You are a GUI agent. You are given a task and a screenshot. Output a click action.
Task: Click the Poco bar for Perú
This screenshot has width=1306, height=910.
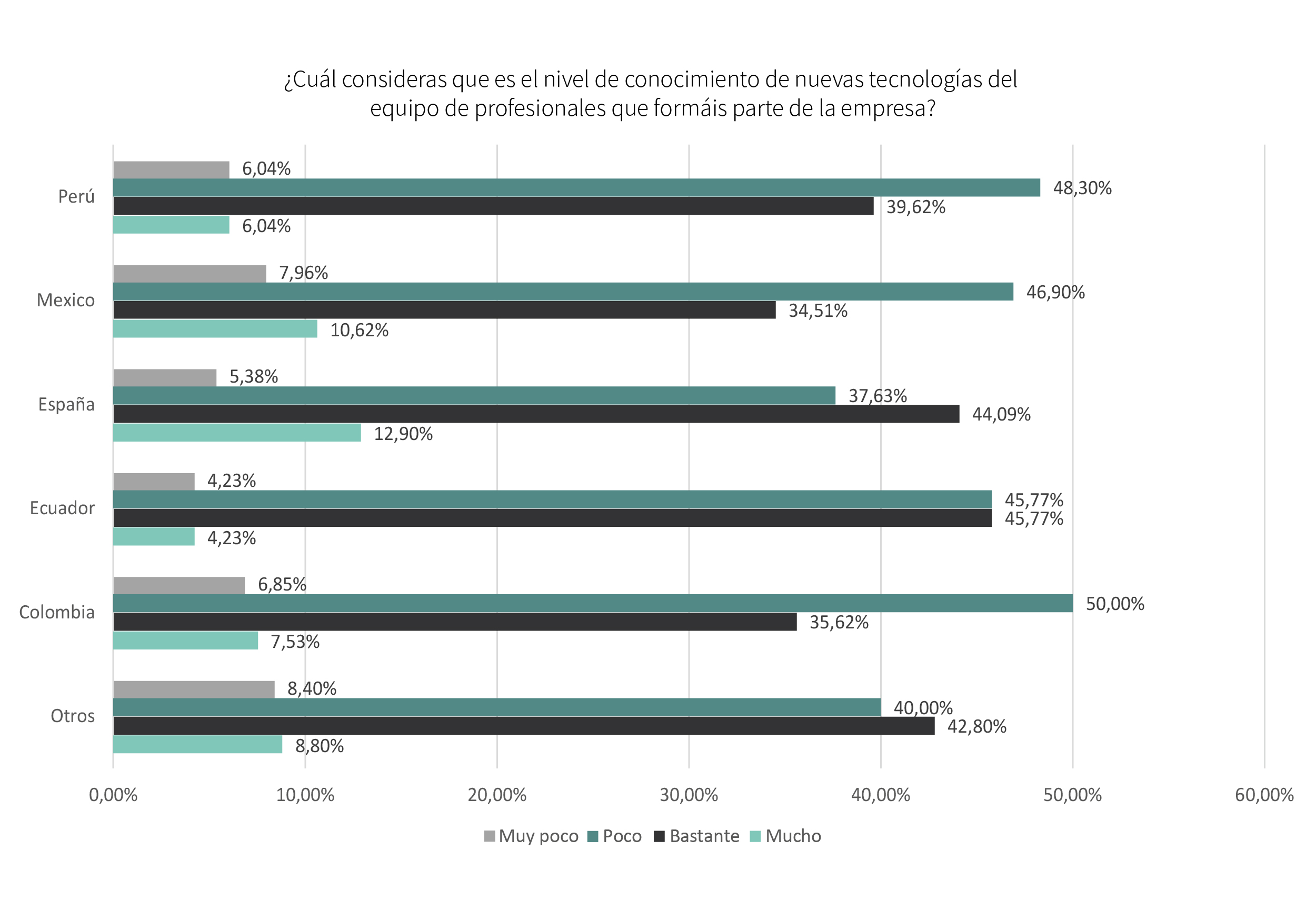(x=576, y=188)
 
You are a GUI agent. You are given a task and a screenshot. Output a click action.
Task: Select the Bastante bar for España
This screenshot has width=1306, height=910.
(x=536, y=414)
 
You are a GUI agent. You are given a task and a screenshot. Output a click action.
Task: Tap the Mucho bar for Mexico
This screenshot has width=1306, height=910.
(x=215, y=329)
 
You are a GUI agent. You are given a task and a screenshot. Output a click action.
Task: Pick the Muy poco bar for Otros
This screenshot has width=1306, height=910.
(x=193, y=689)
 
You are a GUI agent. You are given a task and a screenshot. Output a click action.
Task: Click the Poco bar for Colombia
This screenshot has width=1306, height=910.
(x=593, y=604)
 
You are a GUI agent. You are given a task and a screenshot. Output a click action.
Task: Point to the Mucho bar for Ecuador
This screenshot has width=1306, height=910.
(x=154, y=537)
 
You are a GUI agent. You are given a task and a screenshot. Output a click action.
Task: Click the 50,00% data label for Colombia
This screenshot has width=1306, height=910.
(x=1114, y=604)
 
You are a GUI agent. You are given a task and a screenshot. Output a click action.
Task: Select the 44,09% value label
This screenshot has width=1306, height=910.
(x=1001, y=415)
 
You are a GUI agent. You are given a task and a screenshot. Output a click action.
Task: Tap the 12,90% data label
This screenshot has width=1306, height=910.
(x=403, y=434)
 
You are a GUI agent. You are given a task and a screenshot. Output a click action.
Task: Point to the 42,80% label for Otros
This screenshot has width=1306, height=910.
(x=976, y=727)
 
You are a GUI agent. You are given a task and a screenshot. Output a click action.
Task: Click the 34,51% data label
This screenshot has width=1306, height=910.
(x=818, y=311)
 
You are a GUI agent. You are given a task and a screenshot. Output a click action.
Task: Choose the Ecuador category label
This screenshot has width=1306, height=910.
(x=62, y=508)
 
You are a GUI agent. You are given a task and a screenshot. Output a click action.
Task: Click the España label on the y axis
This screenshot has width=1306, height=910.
(x=66, y=404)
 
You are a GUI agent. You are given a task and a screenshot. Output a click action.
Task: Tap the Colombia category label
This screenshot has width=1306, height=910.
(x=56, y=613)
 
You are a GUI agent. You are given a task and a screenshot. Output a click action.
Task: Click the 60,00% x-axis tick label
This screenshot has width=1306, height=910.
(x=1264, y=795)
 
